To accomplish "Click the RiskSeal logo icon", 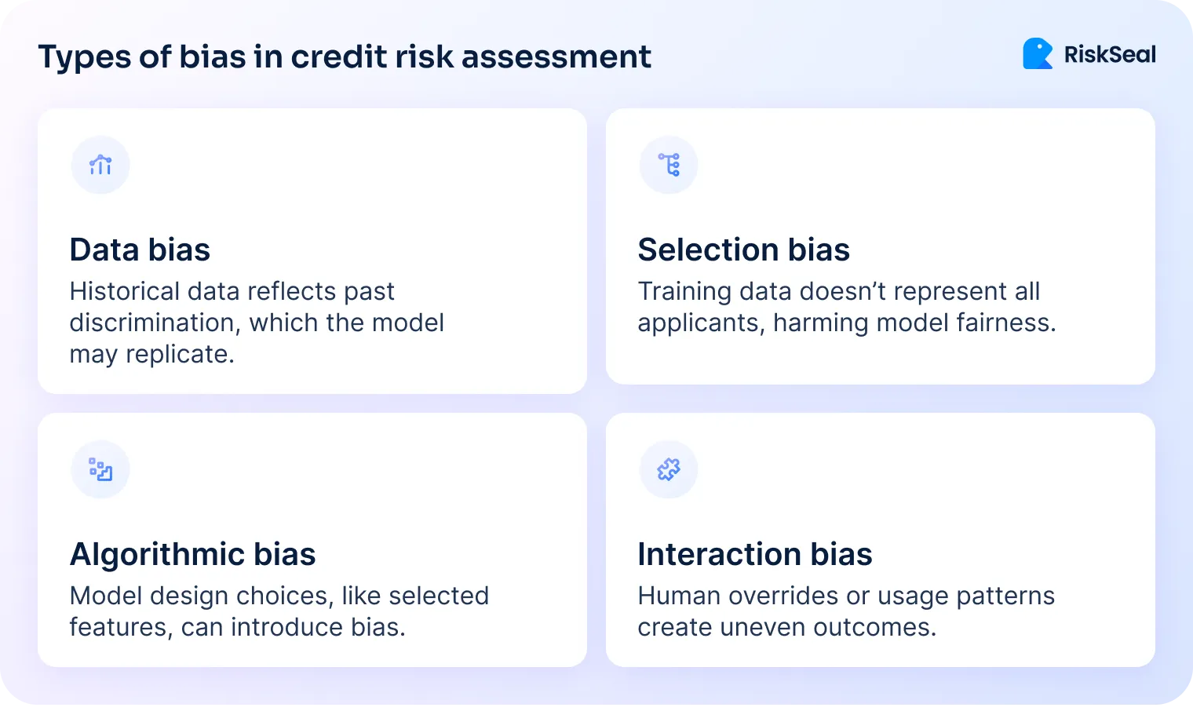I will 1038,53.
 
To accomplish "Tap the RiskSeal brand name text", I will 1110,54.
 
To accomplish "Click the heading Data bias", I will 140,250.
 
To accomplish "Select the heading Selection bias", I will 743,250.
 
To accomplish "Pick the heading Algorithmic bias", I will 192,554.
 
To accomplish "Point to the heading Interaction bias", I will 754,554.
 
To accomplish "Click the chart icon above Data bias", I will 100,165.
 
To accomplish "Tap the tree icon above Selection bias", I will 669,165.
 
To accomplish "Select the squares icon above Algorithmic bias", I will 100,469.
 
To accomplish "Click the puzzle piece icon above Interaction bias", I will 669,469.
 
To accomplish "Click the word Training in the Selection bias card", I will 684,291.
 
